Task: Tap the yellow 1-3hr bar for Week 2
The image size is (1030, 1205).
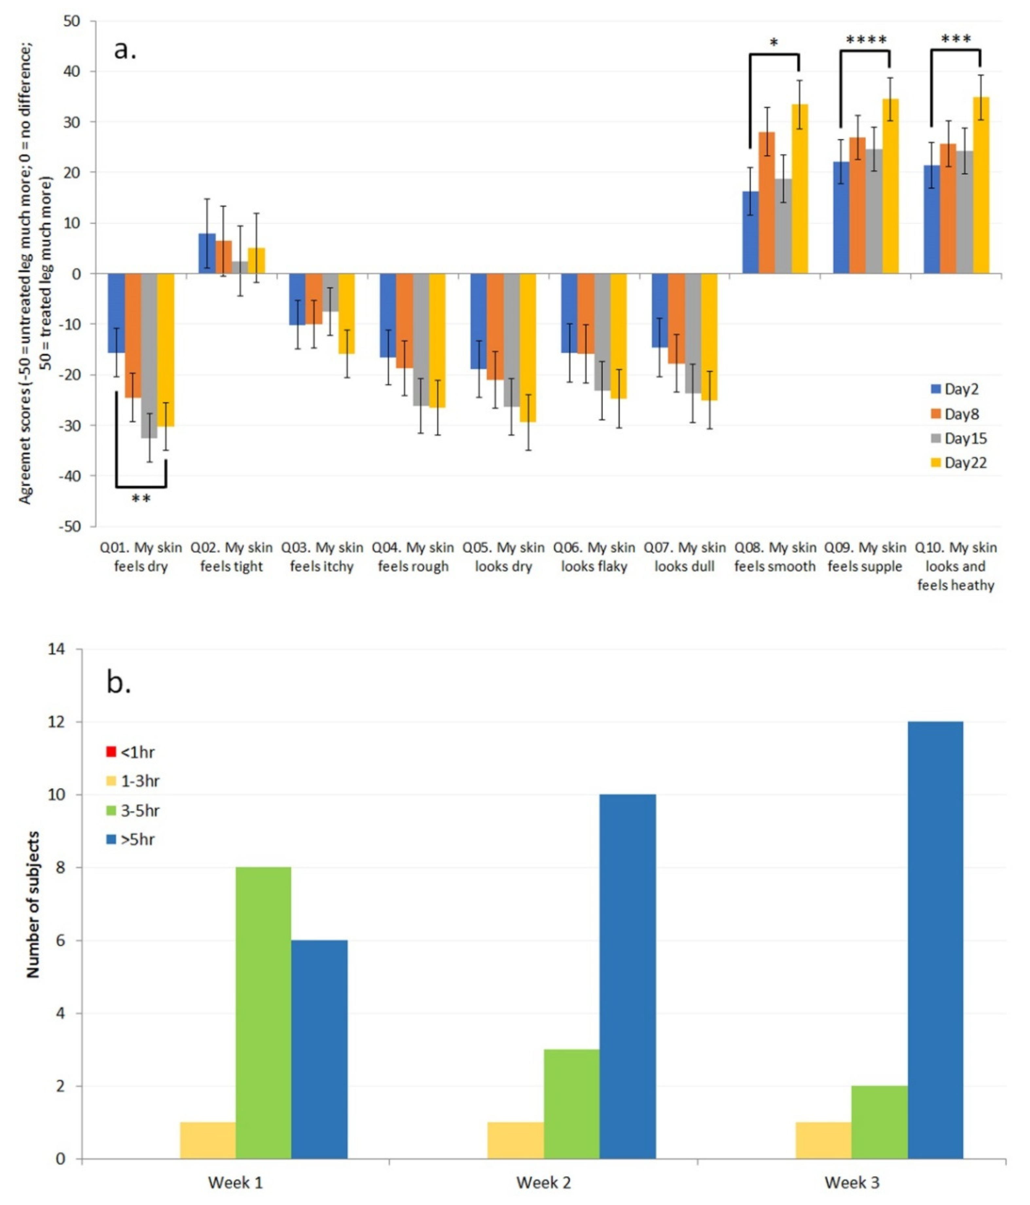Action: click(x=515, y=1140)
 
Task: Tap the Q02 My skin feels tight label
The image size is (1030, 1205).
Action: click(x=231, y=556)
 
